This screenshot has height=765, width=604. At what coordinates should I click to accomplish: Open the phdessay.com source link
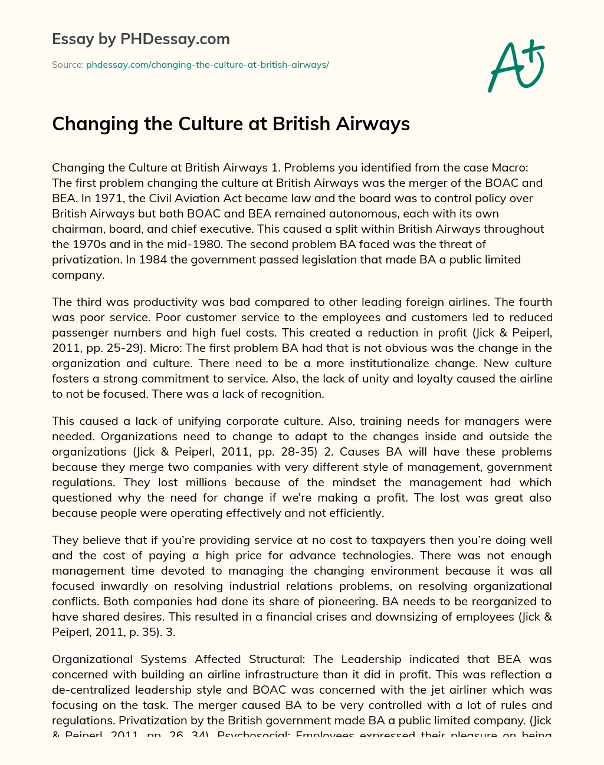(x=207, y=65)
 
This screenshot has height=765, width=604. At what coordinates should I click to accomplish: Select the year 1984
(x=153, y=259)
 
